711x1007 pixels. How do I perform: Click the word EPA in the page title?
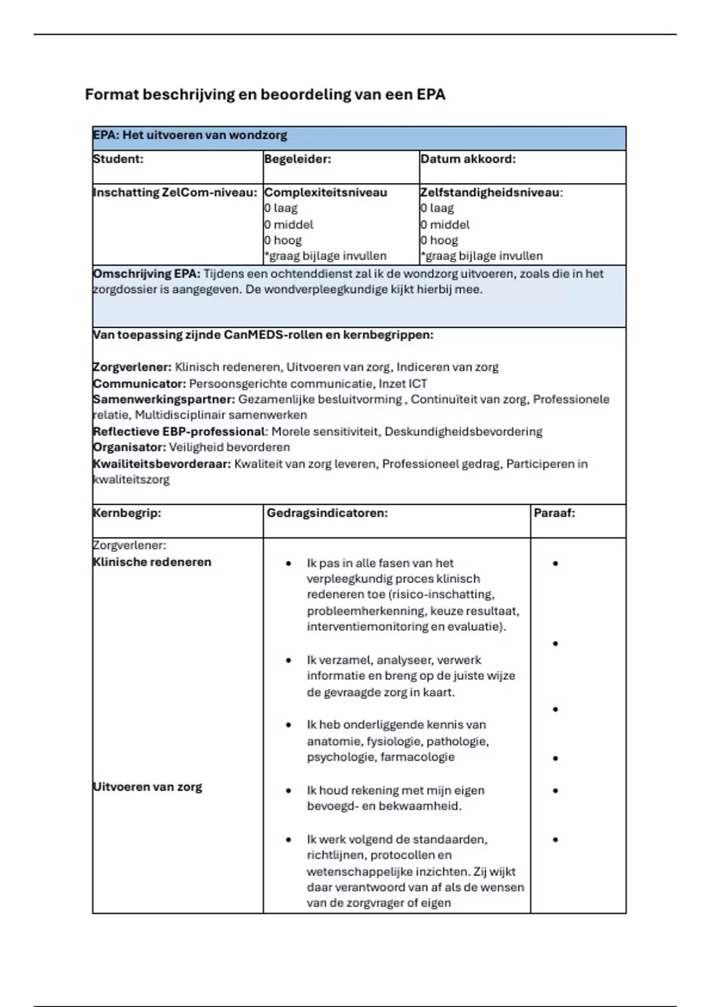[431, 95]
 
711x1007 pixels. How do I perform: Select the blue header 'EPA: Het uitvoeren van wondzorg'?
[190, 136]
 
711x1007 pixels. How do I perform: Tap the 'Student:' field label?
[118, 159]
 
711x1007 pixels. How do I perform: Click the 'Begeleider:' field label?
[297, 159]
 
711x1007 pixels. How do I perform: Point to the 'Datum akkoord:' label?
[467, 159]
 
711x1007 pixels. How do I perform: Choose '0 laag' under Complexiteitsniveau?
[281, 209]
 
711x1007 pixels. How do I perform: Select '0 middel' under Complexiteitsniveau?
[289, 225]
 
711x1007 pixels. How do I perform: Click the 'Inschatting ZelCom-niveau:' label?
[175, 193]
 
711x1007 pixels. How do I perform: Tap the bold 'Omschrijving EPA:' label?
[146, 274]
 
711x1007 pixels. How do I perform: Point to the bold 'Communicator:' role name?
[139, 384]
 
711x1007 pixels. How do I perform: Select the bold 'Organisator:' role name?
[129, 448]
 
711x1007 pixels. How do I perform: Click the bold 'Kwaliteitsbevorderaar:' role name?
[161, 464]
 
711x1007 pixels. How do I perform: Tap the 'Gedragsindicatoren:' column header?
[327, 514]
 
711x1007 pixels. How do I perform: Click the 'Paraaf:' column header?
[554, 514]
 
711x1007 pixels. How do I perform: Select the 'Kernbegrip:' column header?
[127, 514]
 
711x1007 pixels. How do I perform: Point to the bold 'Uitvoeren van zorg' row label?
[148, 787]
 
